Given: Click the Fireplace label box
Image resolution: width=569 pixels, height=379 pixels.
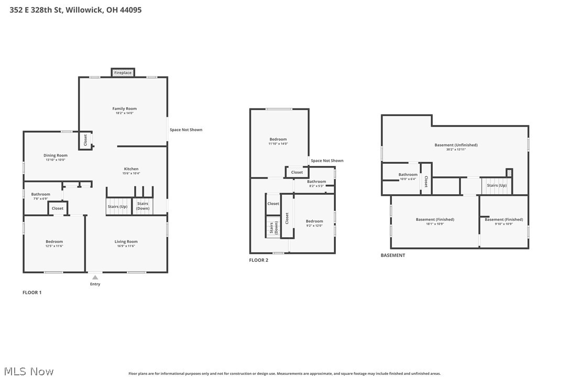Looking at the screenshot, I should (x=123, y=73).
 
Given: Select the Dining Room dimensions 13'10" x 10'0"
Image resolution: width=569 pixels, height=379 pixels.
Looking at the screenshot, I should (x=55, y=160).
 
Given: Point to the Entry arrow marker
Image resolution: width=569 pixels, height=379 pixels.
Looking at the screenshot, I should (x=95, y=277).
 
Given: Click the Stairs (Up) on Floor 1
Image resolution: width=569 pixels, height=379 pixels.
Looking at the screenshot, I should (x=117, y=206).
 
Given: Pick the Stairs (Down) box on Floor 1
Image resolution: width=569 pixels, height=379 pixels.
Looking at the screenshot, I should (x=143, y=206).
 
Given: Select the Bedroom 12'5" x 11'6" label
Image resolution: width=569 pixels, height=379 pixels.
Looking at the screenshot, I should (x=54, y=243).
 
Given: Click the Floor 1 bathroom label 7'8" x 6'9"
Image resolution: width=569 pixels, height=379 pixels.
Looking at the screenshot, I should (x=40, y=196).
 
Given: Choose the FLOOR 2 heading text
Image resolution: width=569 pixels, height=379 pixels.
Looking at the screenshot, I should (x=258, y=260).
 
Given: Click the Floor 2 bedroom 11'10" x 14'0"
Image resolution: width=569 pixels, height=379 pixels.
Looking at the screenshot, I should (x=278, y=141).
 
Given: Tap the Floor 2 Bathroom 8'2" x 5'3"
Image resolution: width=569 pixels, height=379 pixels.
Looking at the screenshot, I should (x=316, y=183).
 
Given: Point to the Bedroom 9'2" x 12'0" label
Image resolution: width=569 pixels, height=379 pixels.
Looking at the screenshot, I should (x=314, y=223).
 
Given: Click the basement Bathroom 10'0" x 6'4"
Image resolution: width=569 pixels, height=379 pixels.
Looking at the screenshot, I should (x=408, y=176).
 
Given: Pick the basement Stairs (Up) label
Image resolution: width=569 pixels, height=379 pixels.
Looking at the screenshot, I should (x=496, y=185).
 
